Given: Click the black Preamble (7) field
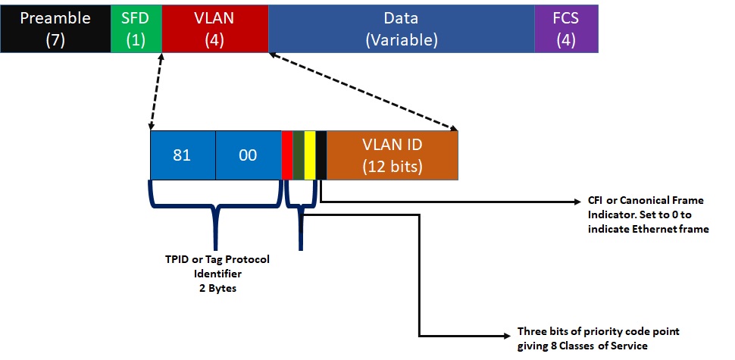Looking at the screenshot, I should click(55, 29).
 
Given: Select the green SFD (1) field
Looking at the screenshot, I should click(136, 29).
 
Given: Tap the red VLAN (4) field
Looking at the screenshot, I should click(215, 29).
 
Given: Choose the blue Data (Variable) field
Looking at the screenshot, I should click(401, 29).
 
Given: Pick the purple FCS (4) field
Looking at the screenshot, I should click(566, 29).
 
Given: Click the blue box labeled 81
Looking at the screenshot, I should click(183, 155).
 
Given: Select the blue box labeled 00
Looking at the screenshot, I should click(248, 155).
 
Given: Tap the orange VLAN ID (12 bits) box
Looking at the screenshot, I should click(392, 155).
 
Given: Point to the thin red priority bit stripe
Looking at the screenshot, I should click(287, 155).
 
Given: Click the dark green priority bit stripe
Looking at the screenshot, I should click(299, 155).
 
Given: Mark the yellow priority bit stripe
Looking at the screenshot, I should click(310, 155).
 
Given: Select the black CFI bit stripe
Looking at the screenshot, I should click(321, 155).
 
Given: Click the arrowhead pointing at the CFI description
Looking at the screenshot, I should click(577, 202).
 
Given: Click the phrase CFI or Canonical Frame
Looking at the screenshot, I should click(646, 201).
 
